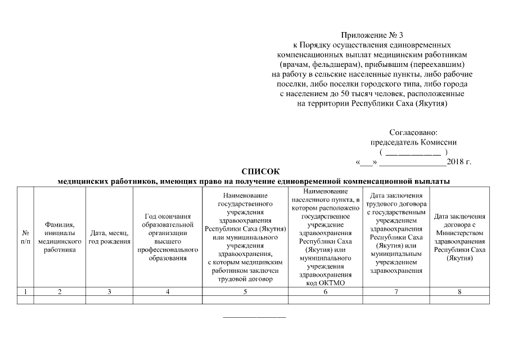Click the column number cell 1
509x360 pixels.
point(25,291)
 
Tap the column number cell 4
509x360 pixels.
point(168,291)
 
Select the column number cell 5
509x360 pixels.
point(245,291)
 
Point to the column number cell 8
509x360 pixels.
point(460,291)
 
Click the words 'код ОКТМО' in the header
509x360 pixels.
point(326,283)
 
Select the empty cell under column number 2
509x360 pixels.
point(60,300)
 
